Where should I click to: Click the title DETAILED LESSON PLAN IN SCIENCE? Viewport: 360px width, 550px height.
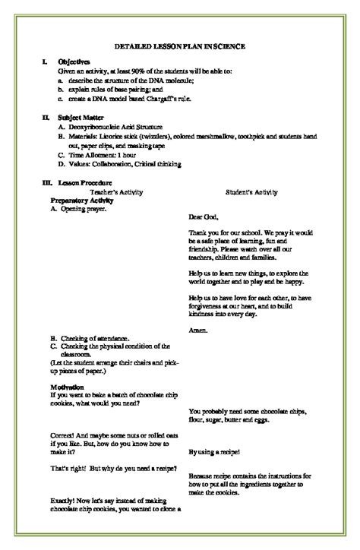pos(180,46)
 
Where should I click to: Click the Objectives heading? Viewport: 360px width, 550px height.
pos(74,62)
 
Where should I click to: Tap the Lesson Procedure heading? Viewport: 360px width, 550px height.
pos(85,182)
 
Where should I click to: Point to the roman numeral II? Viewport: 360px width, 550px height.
pos(45,118)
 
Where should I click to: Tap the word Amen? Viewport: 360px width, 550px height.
pos(197,330)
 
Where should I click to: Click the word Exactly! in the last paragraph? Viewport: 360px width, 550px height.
pos(65,502)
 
